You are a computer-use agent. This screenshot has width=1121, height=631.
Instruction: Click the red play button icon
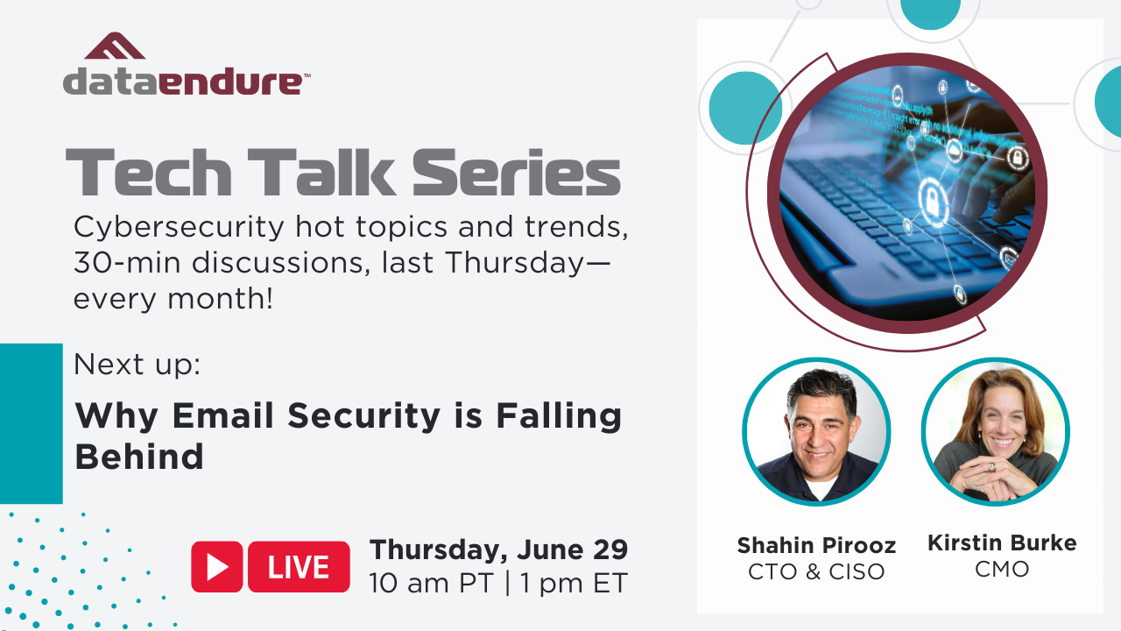tap(216, 566)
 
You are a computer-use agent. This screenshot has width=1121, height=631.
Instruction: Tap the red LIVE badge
tap(299, 566)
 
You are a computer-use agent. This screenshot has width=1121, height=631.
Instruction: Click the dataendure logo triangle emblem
tap(115, 46)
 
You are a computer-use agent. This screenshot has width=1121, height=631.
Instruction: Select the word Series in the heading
tap(516, 172)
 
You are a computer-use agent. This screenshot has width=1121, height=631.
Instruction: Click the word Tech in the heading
tap(149, 172)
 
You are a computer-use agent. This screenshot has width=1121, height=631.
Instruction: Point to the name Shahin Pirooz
tap(816, 545)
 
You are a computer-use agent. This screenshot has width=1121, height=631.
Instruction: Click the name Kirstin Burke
tap(1002, 542)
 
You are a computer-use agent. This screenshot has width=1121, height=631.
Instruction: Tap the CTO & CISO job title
tap(816, 571)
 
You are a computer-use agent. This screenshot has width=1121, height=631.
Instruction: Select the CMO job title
tap(1002, 569)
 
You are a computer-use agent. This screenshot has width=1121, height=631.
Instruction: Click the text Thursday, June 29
tap(498, 550)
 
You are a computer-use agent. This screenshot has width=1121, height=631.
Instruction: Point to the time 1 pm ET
tap(574, 584)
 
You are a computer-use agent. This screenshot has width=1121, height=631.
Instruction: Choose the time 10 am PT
tap(432, 584)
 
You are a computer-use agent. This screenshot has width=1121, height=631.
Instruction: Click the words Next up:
tap(137, 365)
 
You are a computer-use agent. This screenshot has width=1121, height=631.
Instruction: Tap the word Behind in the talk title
tap(139, 457)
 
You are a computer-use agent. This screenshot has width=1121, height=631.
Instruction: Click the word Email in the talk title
tap(222, 415)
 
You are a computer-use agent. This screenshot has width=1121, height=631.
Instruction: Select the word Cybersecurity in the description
tap(179, 228)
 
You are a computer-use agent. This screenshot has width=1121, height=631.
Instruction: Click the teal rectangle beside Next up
tap(31, 423)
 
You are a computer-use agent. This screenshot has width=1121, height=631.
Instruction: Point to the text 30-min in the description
tap(127, 262)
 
